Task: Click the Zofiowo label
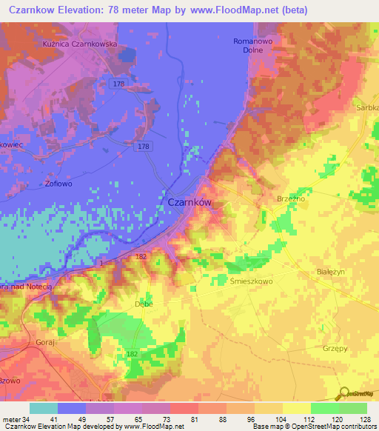click(38, 182)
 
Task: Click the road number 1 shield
click(102, 263)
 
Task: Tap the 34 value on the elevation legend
click(28, 419)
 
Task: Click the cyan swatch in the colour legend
click(44, 408)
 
